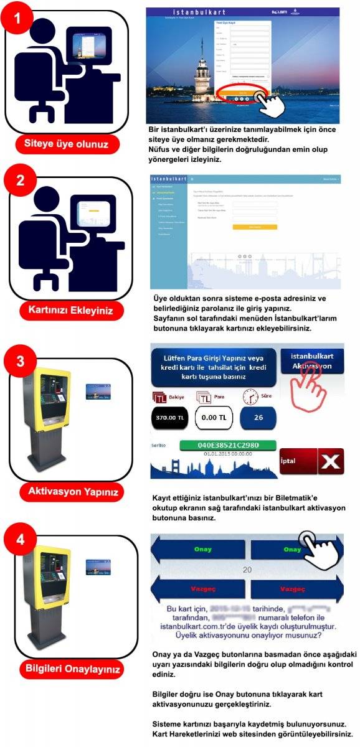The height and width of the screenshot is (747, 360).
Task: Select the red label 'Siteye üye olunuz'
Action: pos(67,145)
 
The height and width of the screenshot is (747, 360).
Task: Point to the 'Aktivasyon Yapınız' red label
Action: pos(67,491)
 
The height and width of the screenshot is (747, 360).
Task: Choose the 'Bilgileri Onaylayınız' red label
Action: pos(67,669)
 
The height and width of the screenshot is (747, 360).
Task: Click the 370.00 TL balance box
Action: pos(169,418)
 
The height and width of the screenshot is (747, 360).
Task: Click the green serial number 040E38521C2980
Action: pos(219,446)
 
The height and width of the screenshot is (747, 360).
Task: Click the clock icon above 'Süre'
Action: pos(250,396)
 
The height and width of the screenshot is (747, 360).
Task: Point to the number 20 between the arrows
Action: pos(247,570)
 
